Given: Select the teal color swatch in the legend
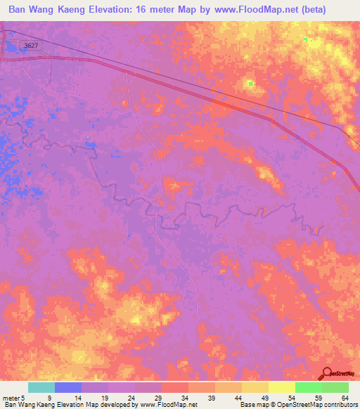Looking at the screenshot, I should pyautogui.click(x=41, y=387).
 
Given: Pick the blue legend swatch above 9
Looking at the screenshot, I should pyautogui.click(x=68, y=387).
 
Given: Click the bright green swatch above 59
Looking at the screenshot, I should pyautogui.click(x=308, y=387).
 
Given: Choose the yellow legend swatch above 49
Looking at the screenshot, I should pyautogui.click(x=255, y=387).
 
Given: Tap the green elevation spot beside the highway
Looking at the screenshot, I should pyautogui.click(x=250, y=84).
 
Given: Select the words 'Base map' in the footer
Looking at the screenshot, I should pyautogui.click(x=253, y=405).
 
